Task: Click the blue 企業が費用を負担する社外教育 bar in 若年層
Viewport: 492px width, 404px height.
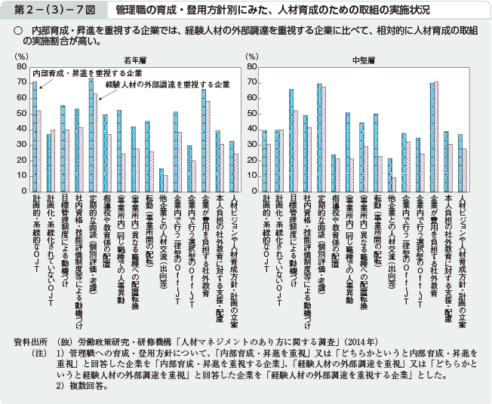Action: click(x=203, y=139)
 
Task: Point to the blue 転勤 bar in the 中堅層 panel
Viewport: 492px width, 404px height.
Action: click(x=375, y=152)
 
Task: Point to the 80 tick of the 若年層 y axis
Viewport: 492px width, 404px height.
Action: click(x=22, y=67)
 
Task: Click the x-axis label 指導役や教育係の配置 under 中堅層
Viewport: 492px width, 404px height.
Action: click(x=333, y=225)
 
